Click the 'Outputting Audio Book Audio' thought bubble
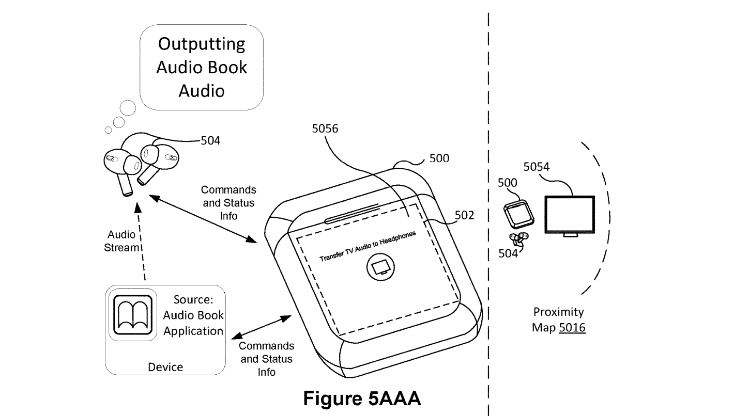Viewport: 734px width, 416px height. (202, 67)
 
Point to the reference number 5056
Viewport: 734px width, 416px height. (325, 129)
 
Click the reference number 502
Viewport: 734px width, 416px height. (464, 215)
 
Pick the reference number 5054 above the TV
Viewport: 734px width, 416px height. (536, 167)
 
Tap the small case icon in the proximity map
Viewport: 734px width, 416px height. (519, 215)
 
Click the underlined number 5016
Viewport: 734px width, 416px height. (572, 327)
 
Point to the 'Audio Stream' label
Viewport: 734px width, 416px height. (122, 241)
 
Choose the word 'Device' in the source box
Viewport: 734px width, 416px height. (165, 367)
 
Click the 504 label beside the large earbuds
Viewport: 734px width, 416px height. (210, 140)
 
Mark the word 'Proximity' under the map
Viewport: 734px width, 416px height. (558, 312)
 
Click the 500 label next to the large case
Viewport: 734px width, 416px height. (439, 158)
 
